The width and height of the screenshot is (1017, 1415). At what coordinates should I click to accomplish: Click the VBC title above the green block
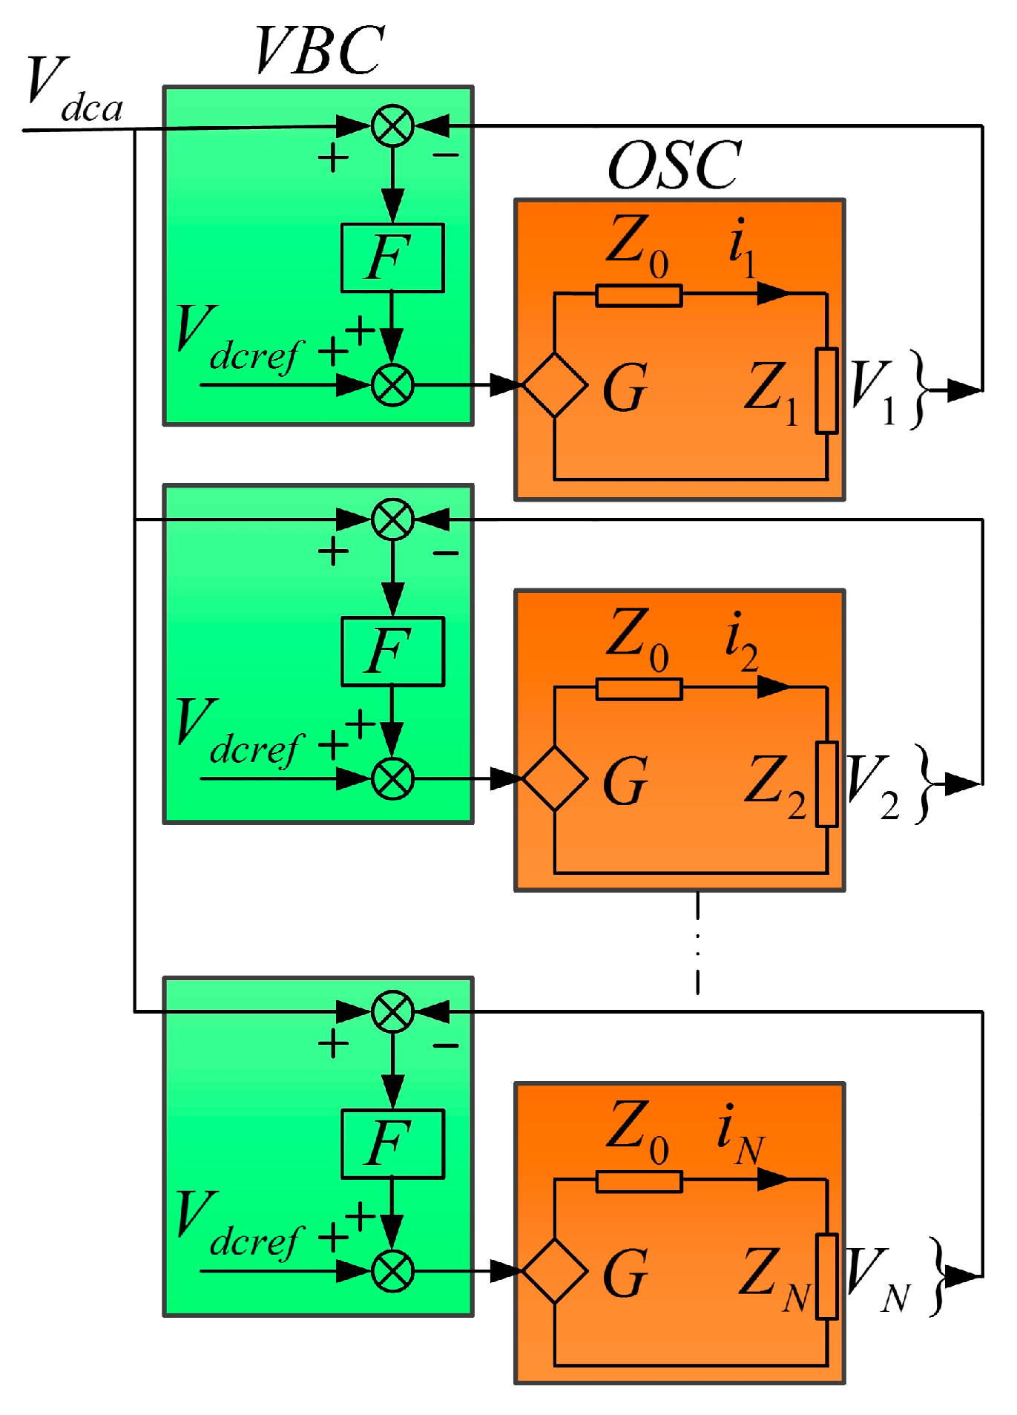click(319, 50)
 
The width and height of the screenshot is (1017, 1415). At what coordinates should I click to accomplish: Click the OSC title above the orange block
click(674, 165)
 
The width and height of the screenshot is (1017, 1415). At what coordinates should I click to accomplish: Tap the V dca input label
click(73, 91)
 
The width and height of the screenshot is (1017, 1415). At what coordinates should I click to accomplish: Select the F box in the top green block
click(392, 257)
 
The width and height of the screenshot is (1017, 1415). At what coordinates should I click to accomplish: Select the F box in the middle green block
click(392, 651)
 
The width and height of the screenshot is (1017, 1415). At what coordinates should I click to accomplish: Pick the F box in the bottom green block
click(392, 1144)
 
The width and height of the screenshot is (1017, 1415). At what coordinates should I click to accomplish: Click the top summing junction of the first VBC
click(392, 125)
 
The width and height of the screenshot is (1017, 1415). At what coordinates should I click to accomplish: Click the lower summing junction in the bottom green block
click(392, 1271)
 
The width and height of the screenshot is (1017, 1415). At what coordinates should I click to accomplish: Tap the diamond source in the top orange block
click(555, 385)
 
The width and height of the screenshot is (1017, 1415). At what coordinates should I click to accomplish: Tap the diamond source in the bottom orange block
click(555, 1271)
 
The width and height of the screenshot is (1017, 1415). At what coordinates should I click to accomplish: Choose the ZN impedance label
click(774, 1278)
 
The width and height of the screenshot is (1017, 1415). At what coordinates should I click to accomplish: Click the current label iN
click(739, 1134)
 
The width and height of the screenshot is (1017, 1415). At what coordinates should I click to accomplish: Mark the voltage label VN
click(875, 1278)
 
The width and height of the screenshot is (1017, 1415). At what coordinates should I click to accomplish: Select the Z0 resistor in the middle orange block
click(639, 689)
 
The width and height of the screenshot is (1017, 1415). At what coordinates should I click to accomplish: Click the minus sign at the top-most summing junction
click(446, 156)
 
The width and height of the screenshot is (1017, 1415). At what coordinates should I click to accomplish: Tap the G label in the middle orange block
click(625, 781)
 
